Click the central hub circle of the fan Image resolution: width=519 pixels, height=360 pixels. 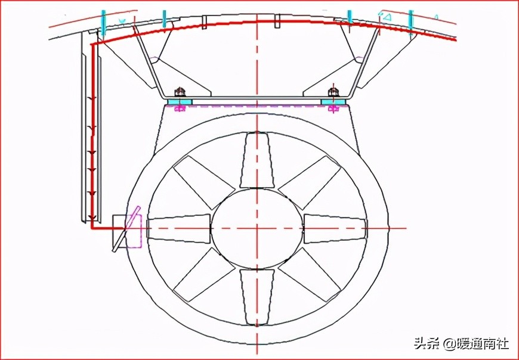(x=257, y=228)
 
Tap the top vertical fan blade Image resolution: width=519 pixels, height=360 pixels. (x=257, y=160)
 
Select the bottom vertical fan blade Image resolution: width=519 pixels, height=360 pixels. (x=257, y=297)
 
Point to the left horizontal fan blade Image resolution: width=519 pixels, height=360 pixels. (x=179, y=229)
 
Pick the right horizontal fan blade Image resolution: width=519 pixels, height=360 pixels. (x=335, y=229)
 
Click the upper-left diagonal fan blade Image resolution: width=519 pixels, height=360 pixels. (x=204, y=182)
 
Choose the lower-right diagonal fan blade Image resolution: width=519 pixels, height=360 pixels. (x=310, y=274)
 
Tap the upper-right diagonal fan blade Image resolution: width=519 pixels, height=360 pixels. (x=310, y=182)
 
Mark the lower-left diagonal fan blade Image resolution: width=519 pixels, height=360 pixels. (x=204, y=274)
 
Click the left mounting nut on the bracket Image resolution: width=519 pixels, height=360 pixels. (x=180, y=92)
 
